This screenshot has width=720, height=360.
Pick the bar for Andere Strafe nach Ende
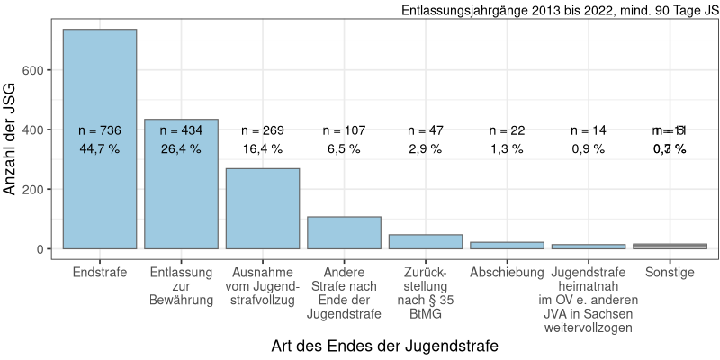pyautogui.click(x=344, y=233)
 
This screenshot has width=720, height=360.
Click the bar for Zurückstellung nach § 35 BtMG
pyautogui.click(x=426, y=242)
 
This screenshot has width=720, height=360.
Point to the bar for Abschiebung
pyautogui.click(x=507, y=246)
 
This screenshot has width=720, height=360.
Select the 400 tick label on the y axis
pyautogui.click(x=44, y=130)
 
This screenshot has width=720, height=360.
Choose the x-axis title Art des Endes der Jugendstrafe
pyautogui.click(x=384, y=346)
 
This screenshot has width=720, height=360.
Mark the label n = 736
pyautogui.click(x=100, y=130)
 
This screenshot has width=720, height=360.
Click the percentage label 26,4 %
pyautogui.click(x=181, y=148)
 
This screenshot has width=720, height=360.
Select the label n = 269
pyautogui.click(x=263, y=130)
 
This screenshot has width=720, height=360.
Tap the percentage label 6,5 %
pyautogui.click(x=344, y=148)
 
